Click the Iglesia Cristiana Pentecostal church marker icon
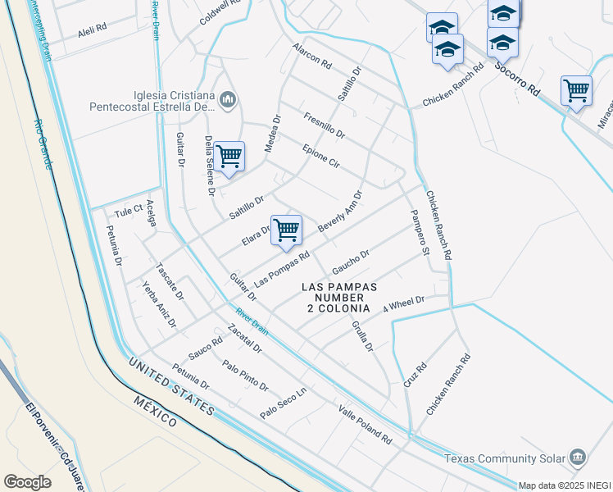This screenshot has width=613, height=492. click(x=228, y=100)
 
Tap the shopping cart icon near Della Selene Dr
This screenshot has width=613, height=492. click(x=229, y=154)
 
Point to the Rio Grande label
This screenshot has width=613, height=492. click(x=43, y=144)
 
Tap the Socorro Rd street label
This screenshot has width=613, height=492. click(x=519, y=79)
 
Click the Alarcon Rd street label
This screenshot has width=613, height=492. click(x=311, y=56)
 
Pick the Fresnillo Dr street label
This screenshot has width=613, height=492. click(x=324, y=125)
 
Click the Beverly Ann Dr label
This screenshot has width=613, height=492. click(x=340, y=212)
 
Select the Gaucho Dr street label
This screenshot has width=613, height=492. click(x=351, y=264)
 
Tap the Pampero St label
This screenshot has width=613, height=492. click(x=419, y=235)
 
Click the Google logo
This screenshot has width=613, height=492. click(x=27, y=481)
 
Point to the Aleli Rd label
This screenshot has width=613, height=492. click(x=93, y=29)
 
